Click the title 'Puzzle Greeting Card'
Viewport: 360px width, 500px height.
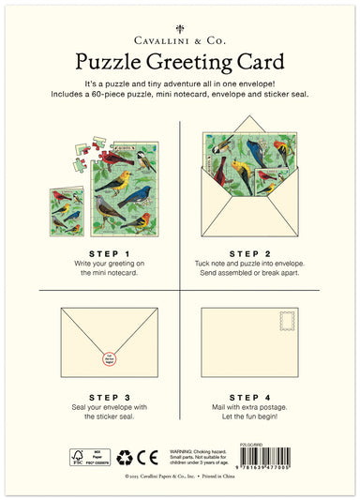pyautogui.click(x=180, y=63)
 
